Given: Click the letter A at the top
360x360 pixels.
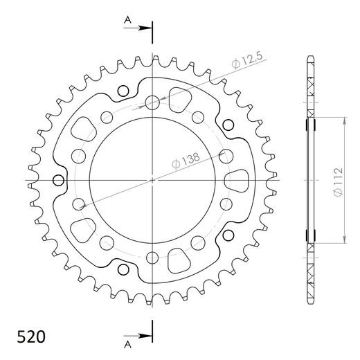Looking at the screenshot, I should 127,21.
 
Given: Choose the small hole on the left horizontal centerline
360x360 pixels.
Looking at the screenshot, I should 60,181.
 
